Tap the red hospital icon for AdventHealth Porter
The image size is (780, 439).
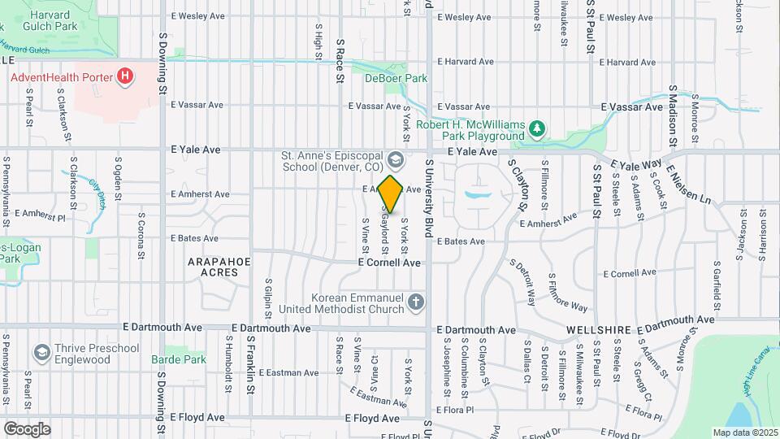[124, 77]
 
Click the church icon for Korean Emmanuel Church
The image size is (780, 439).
[415, 303]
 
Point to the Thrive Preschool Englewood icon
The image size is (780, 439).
[41, 353]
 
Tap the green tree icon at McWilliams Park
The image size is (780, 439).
[535, 128]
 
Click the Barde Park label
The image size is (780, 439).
[179, 359]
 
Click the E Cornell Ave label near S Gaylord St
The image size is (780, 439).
[389, 263]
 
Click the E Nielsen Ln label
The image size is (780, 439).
[689, 188]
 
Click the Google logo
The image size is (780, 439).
[28, 428]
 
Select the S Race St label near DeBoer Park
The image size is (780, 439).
[340, 61]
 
